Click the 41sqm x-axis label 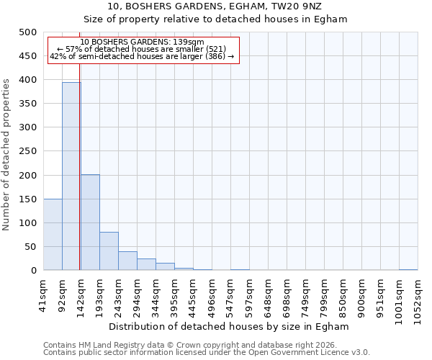tap(44, 292)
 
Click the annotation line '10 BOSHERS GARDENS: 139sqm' tap(142, 42)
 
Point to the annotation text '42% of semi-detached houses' tap(142, 56)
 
